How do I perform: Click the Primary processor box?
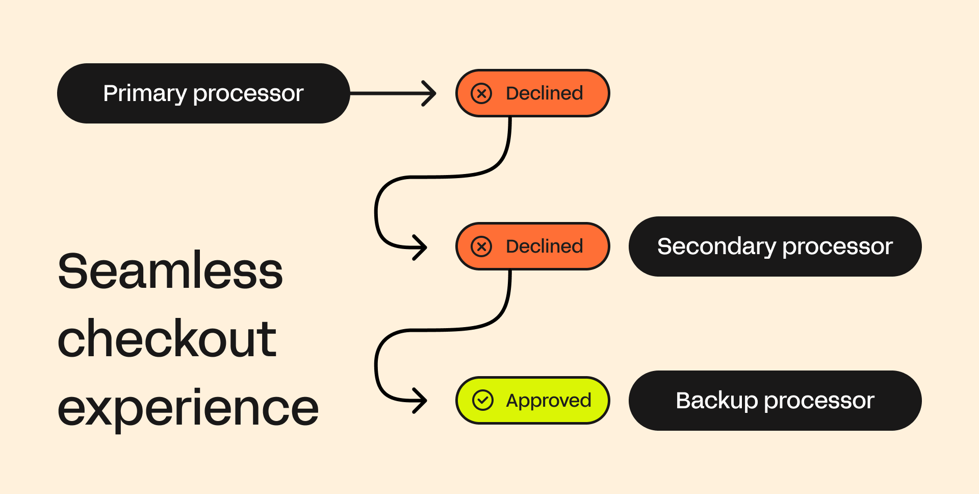point(203,93)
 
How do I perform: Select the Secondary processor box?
point(775,246)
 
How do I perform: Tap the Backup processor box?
point(775,401)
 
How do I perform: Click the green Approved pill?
point(532,401)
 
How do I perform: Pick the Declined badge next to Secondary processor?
point(532,246)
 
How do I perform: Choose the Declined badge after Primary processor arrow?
point(532,93)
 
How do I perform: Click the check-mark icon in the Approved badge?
point(482,401)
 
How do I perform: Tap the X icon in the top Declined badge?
point(481,93)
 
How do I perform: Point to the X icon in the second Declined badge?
point(481,246)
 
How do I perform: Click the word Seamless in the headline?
point(170,271)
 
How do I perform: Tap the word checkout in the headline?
point(167,339)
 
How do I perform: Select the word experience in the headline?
point(188,408)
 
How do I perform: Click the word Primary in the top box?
point(145,93)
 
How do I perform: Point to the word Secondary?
point(716,246)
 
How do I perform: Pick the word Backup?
point(716,401)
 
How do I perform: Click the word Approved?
point(548,401)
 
